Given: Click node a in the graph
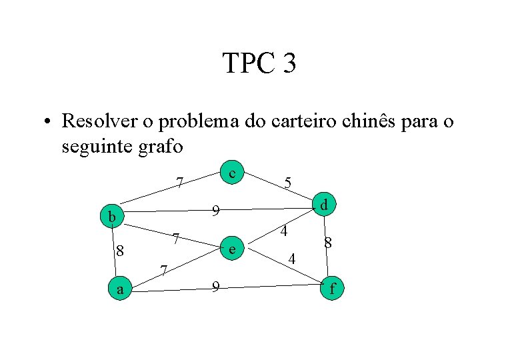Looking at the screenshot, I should (x=120, y=289).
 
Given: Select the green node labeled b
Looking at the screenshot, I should (x=113, y=216).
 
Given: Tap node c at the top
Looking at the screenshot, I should (x=231, y=173).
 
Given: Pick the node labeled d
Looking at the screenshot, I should (x=323, y=205).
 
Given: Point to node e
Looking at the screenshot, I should (x=231, y=249).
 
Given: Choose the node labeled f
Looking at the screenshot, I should (x=332, y=289).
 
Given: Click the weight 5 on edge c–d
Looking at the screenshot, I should (x=287, y=182).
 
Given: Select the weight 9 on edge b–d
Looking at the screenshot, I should (x=215, y=212).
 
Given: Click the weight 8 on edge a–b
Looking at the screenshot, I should (x=119, y=251).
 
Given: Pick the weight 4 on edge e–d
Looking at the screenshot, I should (x=284, y=232).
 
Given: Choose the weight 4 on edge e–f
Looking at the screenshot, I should (x=291, y=258).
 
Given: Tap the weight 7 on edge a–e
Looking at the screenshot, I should (x=164, y=271).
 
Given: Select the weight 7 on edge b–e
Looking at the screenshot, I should (x=175, y=238).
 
